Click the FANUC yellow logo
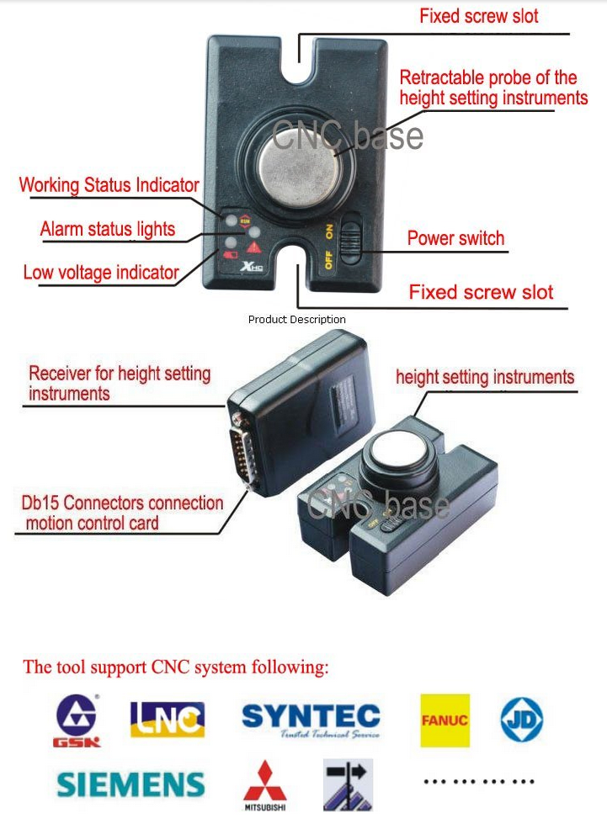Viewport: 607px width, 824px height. (x=445, y=720)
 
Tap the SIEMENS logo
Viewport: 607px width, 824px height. (x=130, y=784)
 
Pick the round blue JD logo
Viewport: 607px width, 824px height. (x=521, y=720)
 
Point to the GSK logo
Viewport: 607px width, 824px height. (x=77, y=720)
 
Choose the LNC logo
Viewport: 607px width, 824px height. (x=168, y=719)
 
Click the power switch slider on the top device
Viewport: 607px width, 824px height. (x=350, y=238)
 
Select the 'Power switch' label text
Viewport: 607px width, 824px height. (x=455, y=238)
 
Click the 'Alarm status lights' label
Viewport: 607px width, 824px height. (x=108, y=229)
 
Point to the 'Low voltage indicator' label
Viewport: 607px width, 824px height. (x=101, y=272)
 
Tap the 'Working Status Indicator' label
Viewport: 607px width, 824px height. (x=109, y=185)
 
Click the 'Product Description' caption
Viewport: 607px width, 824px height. (x=297, y=320)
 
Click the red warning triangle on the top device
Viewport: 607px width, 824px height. (x=254, y=247)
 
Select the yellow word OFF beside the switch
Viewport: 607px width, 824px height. (x=328, y=259)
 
